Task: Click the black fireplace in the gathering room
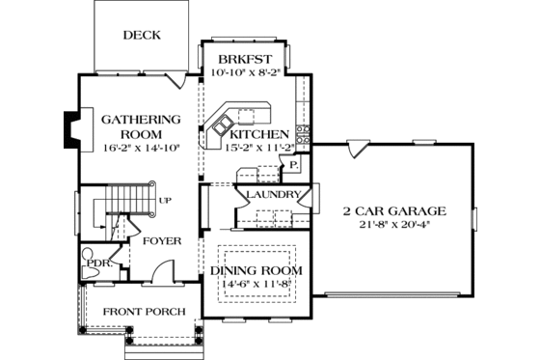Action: click(x=71, y=129)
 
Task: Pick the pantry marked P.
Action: click(x=292, y=166)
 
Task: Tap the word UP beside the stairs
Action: click(x=164, y=201)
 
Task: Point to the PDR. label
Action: click(x=99, y=262)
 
